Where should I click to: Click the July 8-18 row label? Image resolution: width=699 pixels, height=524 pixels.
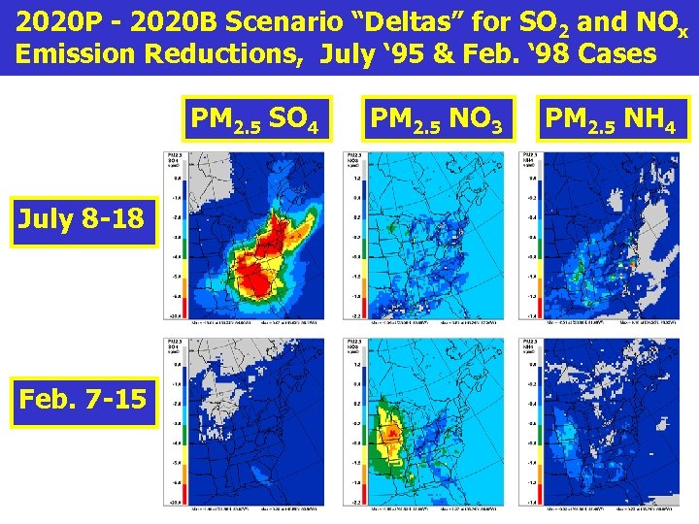coord(83,220)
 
